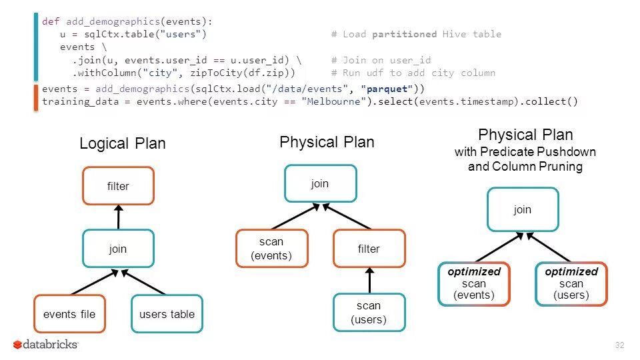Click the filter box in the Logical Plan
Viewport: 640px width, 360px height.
coord(118,185)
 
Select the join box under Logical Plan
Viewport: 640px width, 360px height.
coord(118,249)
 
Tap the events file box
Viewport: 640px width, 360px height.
coord(69,314)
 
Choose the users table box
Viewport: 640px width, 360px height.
coord(167,314)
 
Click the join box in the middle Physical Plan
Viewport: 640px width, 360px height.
coord(320,183)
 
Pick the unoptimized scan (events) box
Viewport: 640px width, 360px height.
coord(271,249)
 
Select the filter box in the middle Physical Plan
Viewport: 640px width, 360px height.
coord(369,249)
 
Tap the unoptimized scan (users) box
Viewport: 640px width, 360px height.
coord(369,313)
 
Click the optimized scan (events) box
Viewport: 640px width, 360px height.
coord(474,283)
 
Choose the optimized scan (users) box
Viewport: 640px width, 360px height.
coord(571,283)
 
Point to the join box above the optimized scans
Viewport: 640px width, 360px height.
coord(523,210)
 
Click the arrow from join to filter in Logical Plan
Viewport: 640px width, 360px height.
coord(118,217)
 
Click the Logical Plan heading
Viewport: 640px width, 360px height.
coord(122,144)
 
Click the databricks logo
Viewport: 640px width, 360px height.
coord(45,345)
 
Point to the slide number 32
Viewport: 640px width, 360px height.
coord(620,345)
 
